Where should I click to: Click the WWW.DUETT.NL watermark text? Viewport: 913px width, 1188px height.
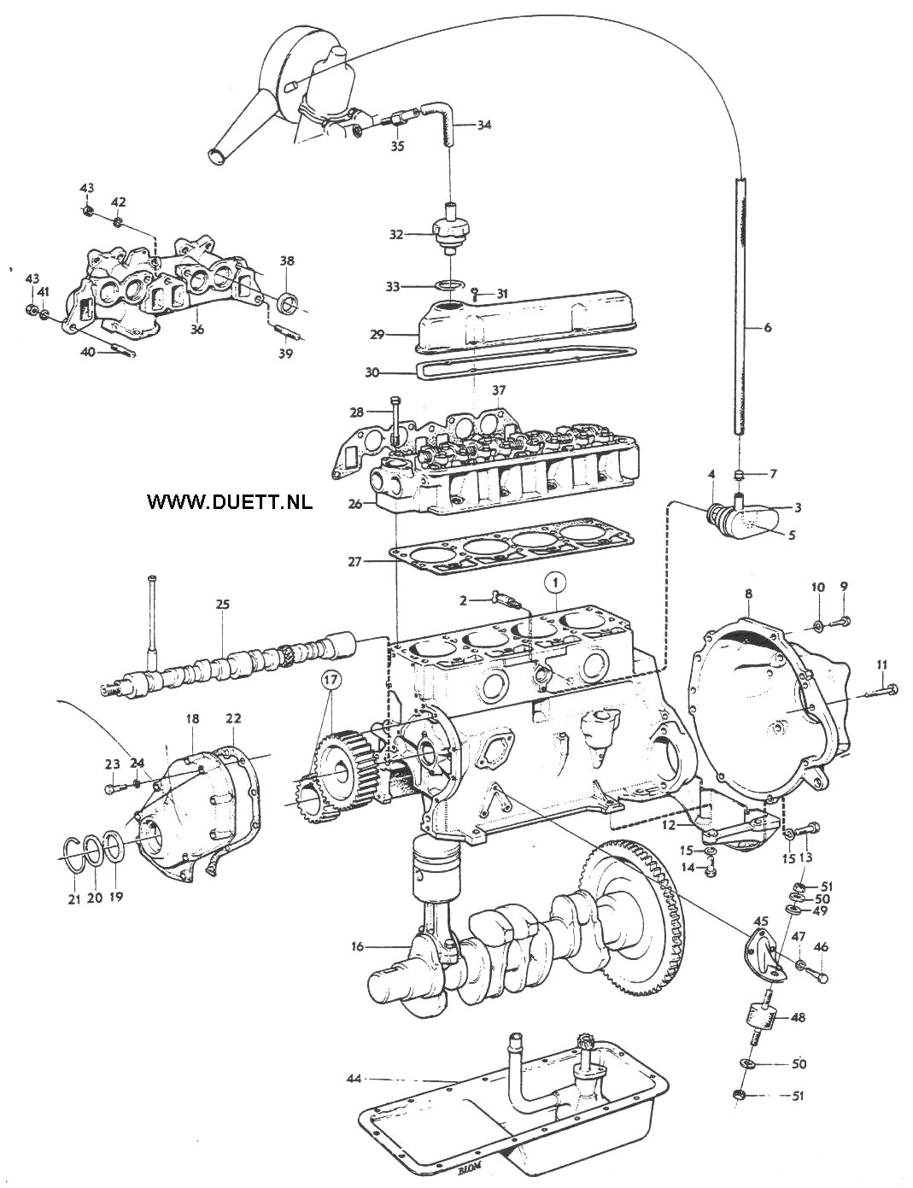coord(230,501)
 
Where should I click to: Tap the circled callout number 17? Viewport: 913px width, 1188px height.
coord(331,682)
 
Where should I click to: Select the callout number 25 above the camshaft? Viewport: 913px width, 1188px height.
coord(223,605)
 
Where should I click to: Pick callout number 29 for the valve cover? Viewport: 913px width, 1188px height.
coord(377,335)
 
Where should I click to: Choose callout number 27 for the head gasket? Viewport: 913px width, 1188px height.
coord(355,561)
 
